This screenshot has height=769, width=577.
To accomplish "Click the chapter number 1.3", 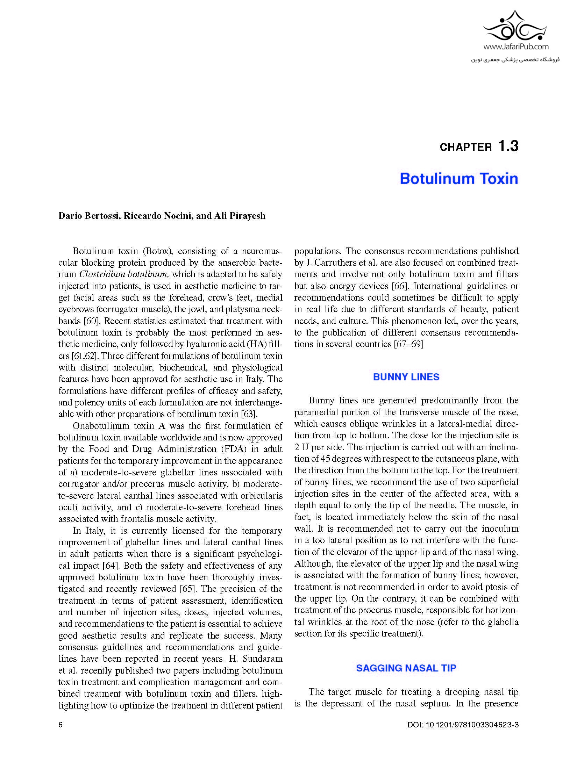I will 508,146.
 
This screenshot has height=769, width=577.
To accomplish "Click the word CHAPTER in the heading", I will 465,148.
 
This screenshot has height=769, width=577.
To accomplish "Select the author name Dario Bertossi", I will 90,216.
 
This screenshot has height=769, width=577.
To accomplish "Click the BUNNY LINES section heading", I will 406,377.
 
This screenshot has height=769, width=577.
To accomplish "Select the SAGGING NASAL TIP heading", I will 406,668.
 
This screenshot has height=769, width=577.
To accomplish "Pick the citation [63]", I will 249,414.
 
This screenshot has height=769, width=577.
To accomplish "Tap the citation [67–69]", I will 408,344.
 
